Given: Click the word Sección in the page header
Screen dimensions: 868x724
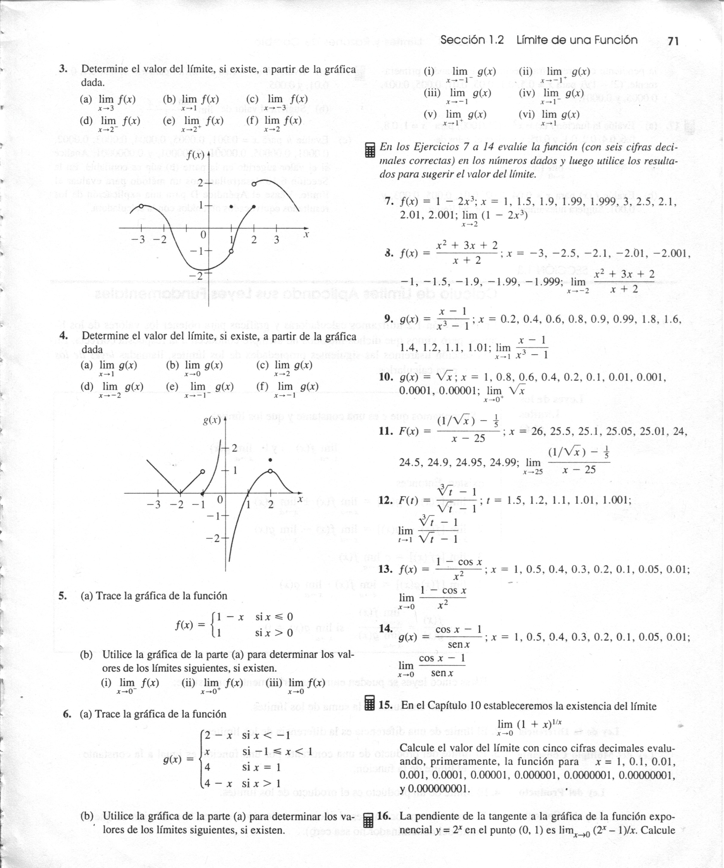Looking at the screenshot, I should pos(462,40).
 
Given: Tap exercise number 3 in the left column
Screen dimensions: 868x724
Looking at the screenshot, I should pos(63,69).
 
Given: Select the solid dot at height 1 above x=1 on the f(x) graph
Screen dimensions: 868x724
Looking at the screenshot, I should pos(231,206).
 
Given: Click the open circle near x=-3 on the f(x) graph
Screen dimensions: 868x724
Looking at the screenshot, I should pos(141,206).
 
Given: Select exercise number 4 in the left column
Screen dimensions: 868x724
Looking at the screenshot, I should pos(64,336).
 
